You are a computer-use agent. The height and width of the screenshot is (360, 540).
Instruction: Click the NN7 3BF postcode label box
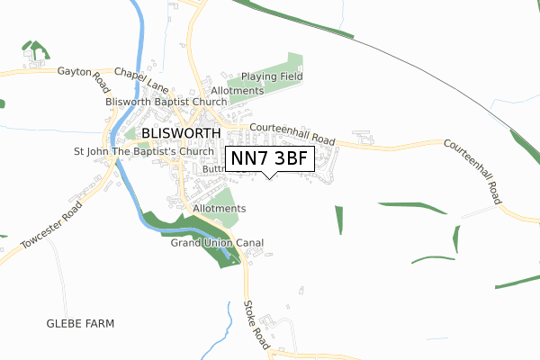pos(271,158)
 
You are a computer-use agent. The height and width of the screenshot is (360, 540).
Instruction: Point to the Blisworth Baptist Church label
pos(166,102)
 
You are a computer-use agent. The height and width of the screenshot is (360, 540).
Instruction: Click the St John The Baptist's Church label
pos(144,151)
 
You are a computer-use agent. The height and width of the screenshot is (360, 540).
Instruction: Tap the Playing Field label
pos(271,77)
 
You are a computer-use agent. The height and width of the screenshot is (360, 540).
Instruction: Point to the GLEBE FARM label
pos(82,322)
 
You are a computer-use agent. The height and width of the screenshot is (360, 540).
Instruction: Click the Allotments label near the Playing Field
pos(237,92)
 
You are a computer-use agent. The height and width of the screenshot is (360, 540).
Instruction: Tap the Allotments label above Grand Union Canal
pos(219,209)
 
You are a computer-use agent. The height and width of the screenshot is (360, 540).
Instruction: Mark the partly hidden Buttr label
pos(212,168)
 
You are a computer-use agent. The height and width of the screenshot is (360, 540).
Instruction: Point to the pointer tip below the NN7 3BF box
pos(271,178)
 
